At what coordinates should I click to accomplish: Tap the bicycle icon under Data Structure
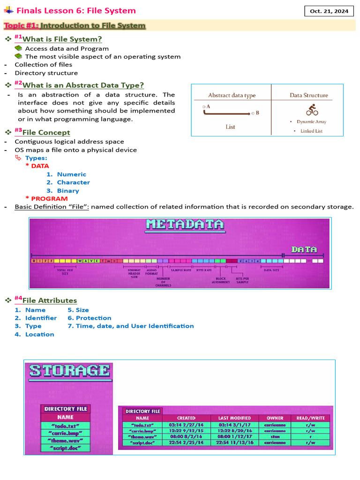[x=312, y=110]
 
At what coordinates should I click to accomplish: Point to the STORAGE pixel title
[x=70, y=371]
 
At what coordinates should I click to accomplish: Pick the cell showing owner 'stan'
[x=275, y=436]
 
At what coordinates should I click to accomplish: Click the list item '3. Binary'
[x=62, y=191]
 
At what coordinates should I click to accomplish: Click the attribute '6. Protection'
[x=90, y=318]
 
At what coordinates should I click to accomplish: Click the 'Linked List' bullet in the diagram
[x=311, y=131]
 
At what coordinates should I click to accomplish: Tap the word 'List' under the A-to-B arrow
[x=230, y=127]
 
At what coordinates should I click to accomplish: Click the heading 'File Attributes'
[x=50, y=300]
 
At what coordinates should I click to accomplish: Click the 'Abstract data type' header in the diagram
[x=232, y=95]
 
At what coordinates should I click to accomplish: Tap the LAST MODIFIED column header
[x=234, y=418]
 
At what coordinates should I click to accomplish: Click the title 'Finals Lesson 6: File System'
[x=76, y=10]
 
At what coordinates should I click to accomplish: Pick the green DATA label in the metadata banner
[x=304, y=249]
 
